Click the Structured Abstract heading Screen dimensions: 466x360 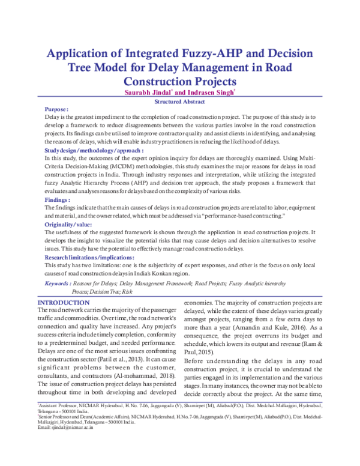pos(179,102)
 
